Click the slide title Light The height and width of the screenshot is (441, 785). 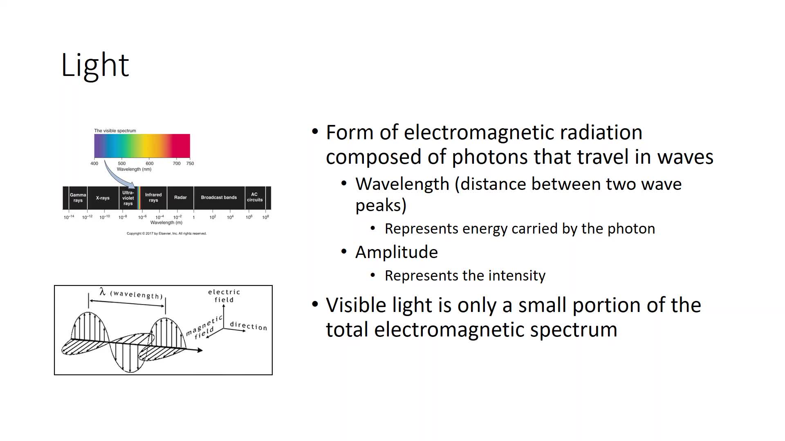click(x=95, y=65)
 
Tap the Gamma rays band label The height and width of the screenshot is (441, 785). click(x=78, y=198)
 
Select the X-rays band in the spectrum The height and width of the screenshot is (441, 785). click(x=103, y=198)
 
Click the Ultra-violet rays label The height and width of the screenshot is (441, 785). click(x=128, y=198)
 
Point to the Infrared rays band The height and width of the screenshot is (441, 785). click(x=153, y=198)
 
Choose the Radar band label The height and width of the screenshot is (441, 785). click(x=180, y=198)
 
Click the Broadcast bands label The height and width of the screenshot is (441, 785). click(x=219, y=198)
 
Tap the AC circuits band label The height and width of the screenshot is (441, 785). click(x=255, y=197)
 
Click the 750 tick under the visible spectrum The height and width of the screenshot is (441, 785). click(x=190, y=163)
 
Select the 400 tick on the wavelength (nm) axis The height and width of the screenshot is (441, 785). click(x=94, y=163)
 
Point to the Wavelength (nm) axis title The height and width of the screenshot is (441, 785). click(x=134, y=169)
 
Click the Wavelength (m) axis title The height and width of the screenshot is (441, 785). click(x=166, y=223)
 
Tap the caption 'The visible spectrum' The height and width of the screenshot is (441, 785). click(x=115, y=131)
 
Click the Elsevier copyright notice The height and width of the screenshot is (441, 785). click(x=166, y=234)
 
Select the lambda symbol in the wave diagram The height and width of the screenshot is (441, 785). click(x=103, y=292)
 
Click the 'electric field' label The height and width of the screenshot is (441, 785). click(x=224, y=296)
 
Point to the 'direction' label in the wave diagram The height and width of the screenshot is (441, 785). click(x=248, y=326)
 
